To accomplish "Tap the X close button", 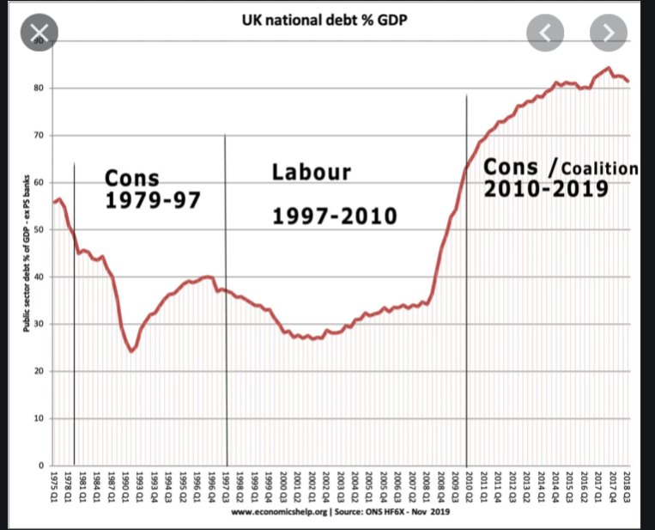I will click(39, 34).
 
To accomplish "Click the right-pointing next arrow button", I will click(609, 34).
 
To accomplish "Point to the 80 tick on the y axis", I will click(37, 88).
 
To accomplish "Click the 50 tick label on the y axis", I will click(37, 230).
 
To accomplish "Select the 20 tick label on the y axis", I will click(37, 371).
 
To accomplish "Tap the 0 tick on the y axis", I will click(39, 466).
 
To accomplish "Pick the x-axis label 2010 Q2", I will click(468, 488).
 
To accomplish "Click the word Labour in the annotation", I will click(312, 172).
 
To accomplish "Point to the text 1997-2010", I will click(335, 215).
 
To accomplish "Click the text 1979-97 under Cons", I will click(153, 201).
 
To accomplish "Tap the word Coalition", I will click(600, 168).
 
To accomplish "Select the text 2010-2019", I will click(546, 188).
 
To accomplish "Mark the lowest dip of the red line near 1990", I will click(131, 351).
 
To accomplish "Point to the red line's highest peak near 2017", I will click(608, 68).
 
